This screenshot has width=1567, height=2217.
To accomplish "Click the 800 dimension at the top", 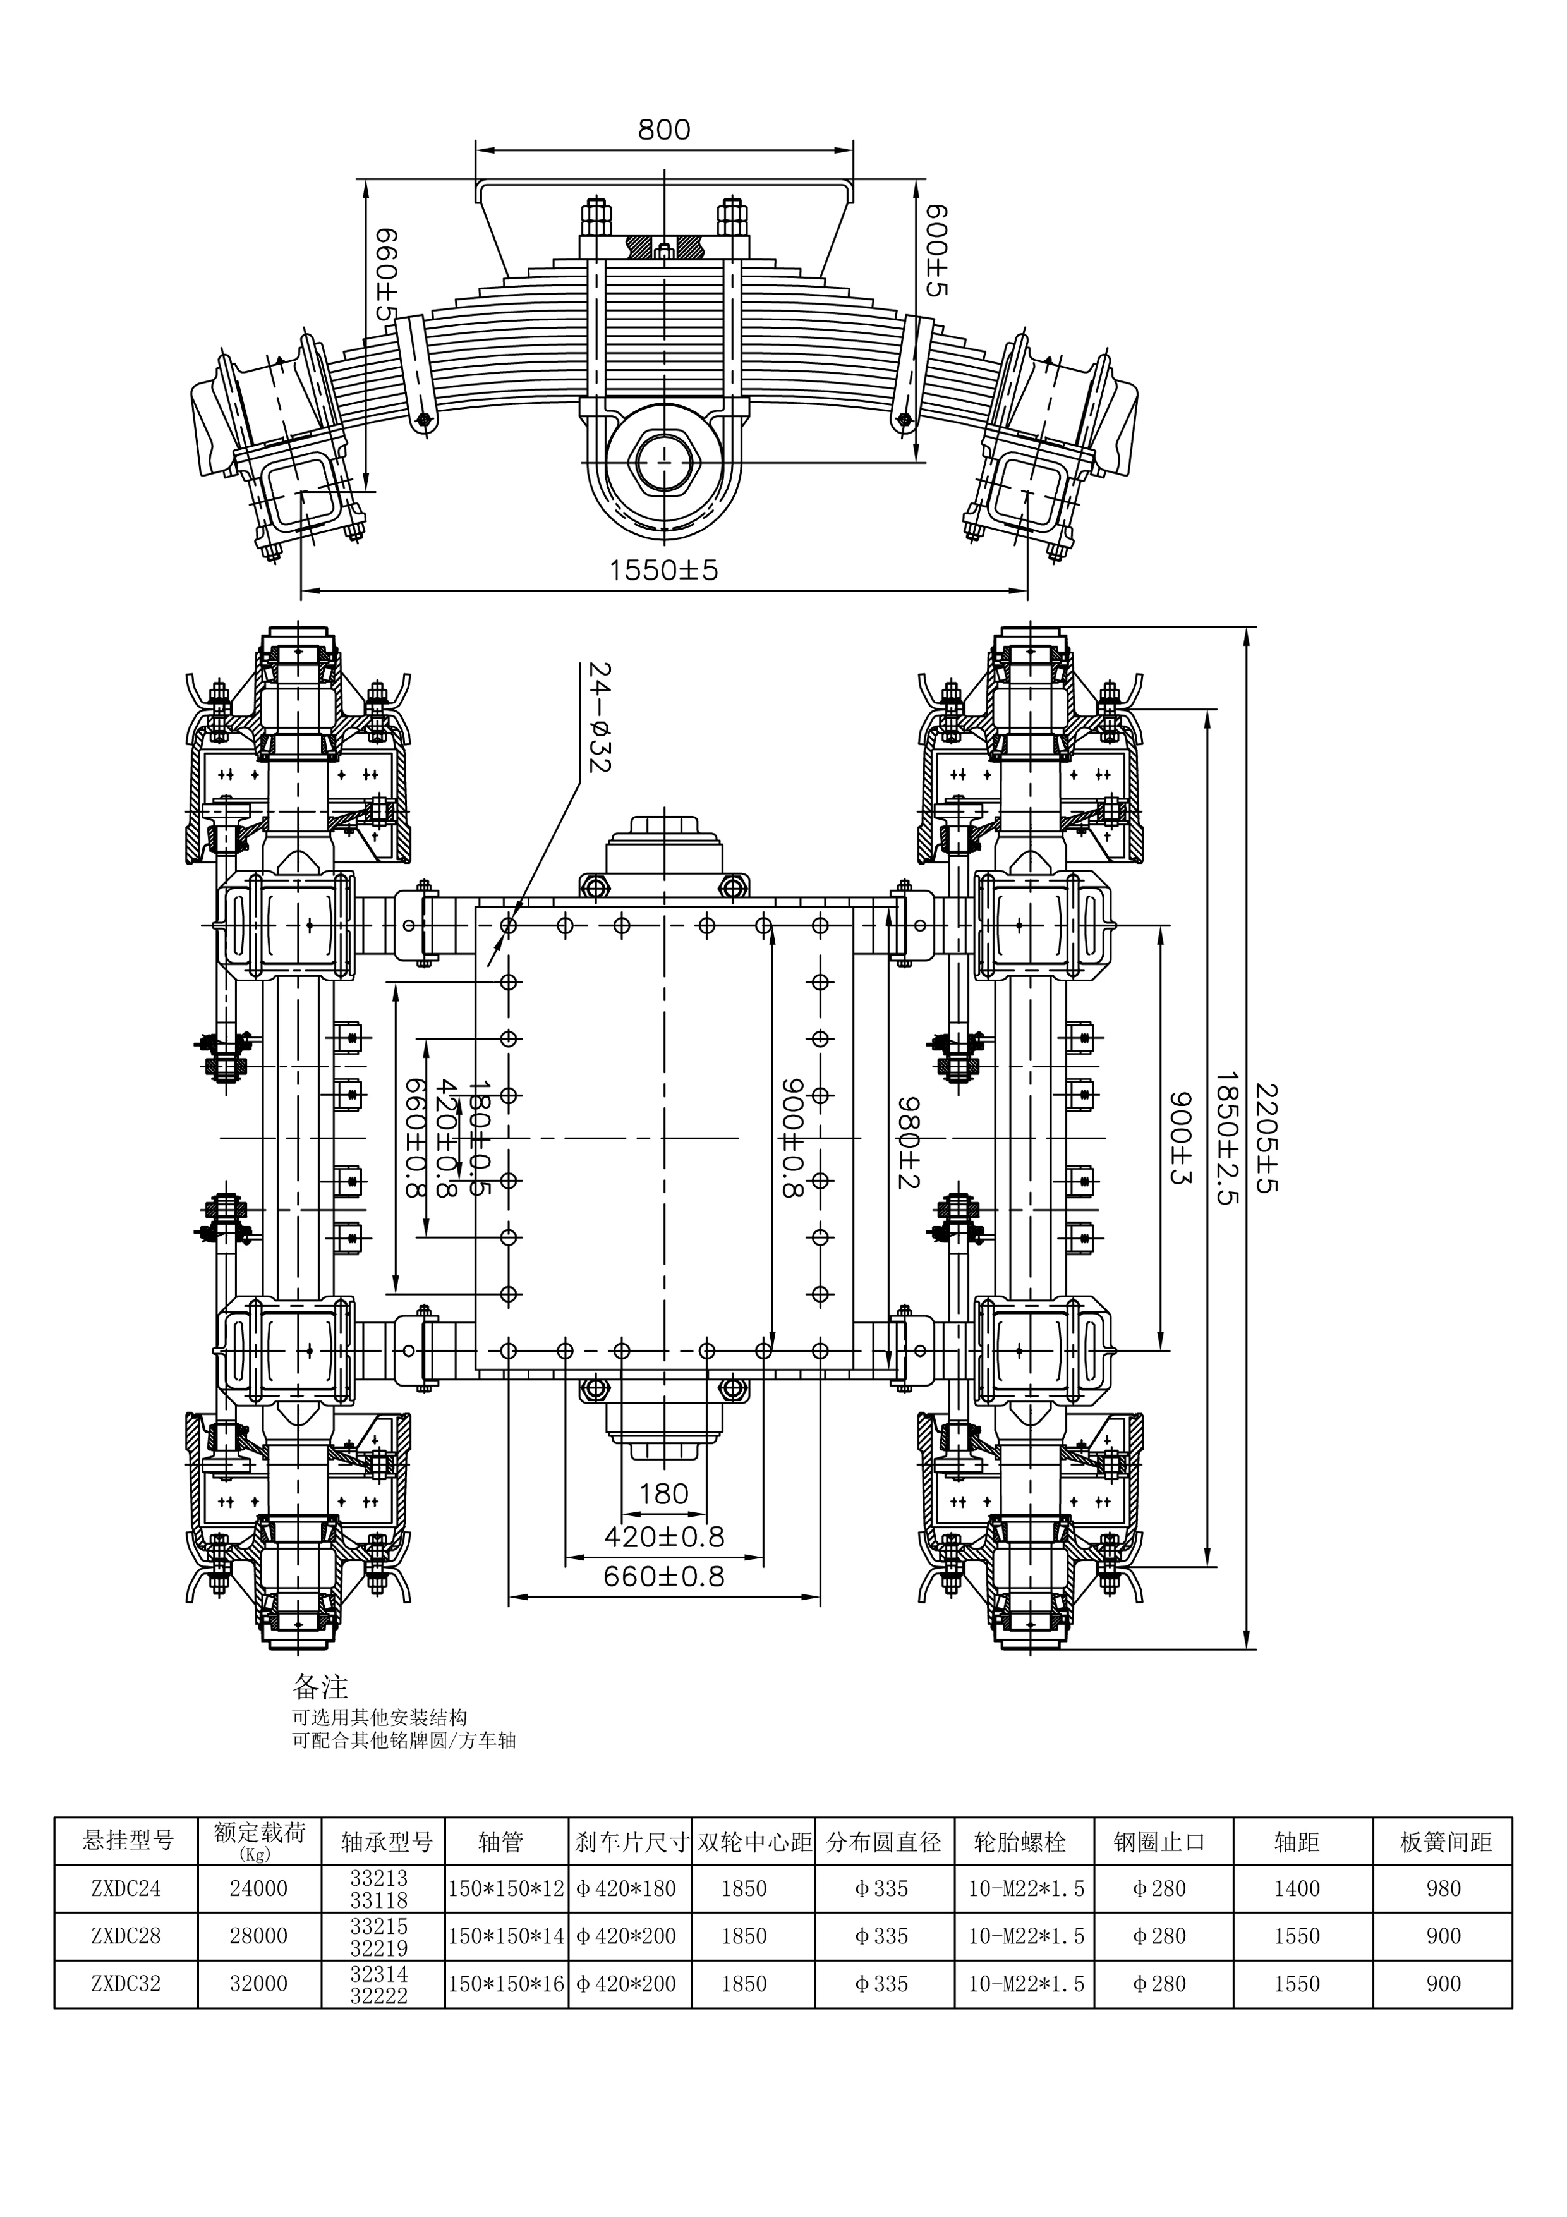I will (x=663, y=130).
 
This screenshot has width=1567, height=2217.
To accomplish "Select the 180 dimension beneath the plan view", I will (x=663, y=1494).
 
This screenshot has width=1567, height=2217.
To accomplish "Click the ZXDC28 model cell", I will (x=126, y=1936).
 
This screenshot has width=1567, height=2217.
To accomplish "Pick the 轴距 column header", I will (x=1296, y=1842).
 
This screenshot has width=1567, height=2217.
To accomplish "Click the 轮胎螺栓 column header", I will (x=1020, y=1842).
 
